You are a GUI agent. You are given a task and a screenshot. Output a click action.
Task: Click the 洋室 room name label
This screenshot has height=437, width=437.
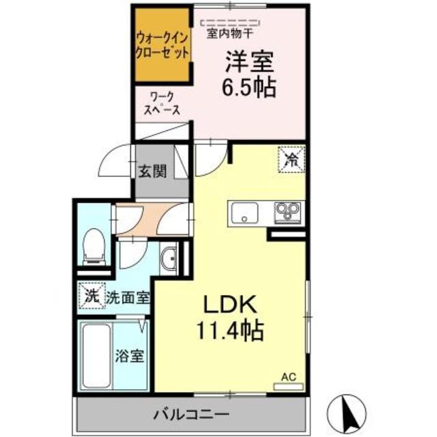pyautogui.click(x=250, y=64)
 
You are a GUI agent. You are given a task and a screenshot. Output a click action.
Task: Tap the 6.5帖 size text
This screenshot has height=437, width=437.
pyautogui.click(x=250, y=87)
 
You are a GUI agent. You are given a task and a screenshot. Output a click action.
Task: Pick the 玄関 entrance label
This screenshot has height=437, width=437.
pyautogui.click(x=154, y=171)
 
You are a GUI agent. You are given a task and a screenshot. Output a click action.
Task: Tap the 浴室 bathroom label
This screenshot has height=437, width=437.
pyautogui.click(x=130, y=357)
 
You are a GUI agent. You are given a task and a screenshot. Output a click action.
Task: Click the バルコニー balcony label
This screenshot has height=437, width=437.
pyautogui.click(x=191, y=414)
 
